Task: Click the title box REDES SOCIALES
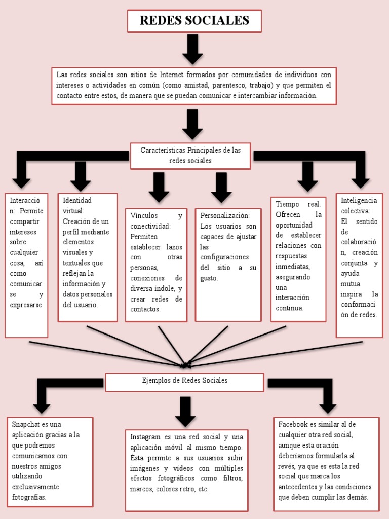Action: coord(194,21)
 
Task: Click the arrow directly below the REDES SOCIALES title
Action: coord(192,49)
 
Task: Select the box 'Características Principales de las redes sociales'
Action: coord(190,156)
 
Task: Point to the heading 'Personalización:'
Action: coord(225,215)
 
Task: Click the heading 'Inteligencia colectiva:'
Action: coord(359,205)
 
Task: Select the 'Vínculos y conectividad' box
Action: coord(156,264)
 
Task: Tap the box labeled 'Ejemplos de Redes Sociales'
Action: coord(184,381)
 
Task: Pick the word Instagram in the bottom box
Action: coord(145,437)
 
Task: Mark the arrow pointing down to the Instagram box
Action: coord(185,411)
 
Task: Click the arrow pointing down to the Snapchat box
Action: coord(42,403)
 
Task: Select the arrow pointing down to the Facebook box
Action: coord(328,403)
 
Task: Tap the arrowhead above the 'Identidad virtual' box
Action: coord(81,183)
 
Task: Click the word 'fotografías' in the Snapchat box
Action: coord(29,497)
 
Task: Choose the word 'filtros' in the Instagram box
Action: coord(231,478)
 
